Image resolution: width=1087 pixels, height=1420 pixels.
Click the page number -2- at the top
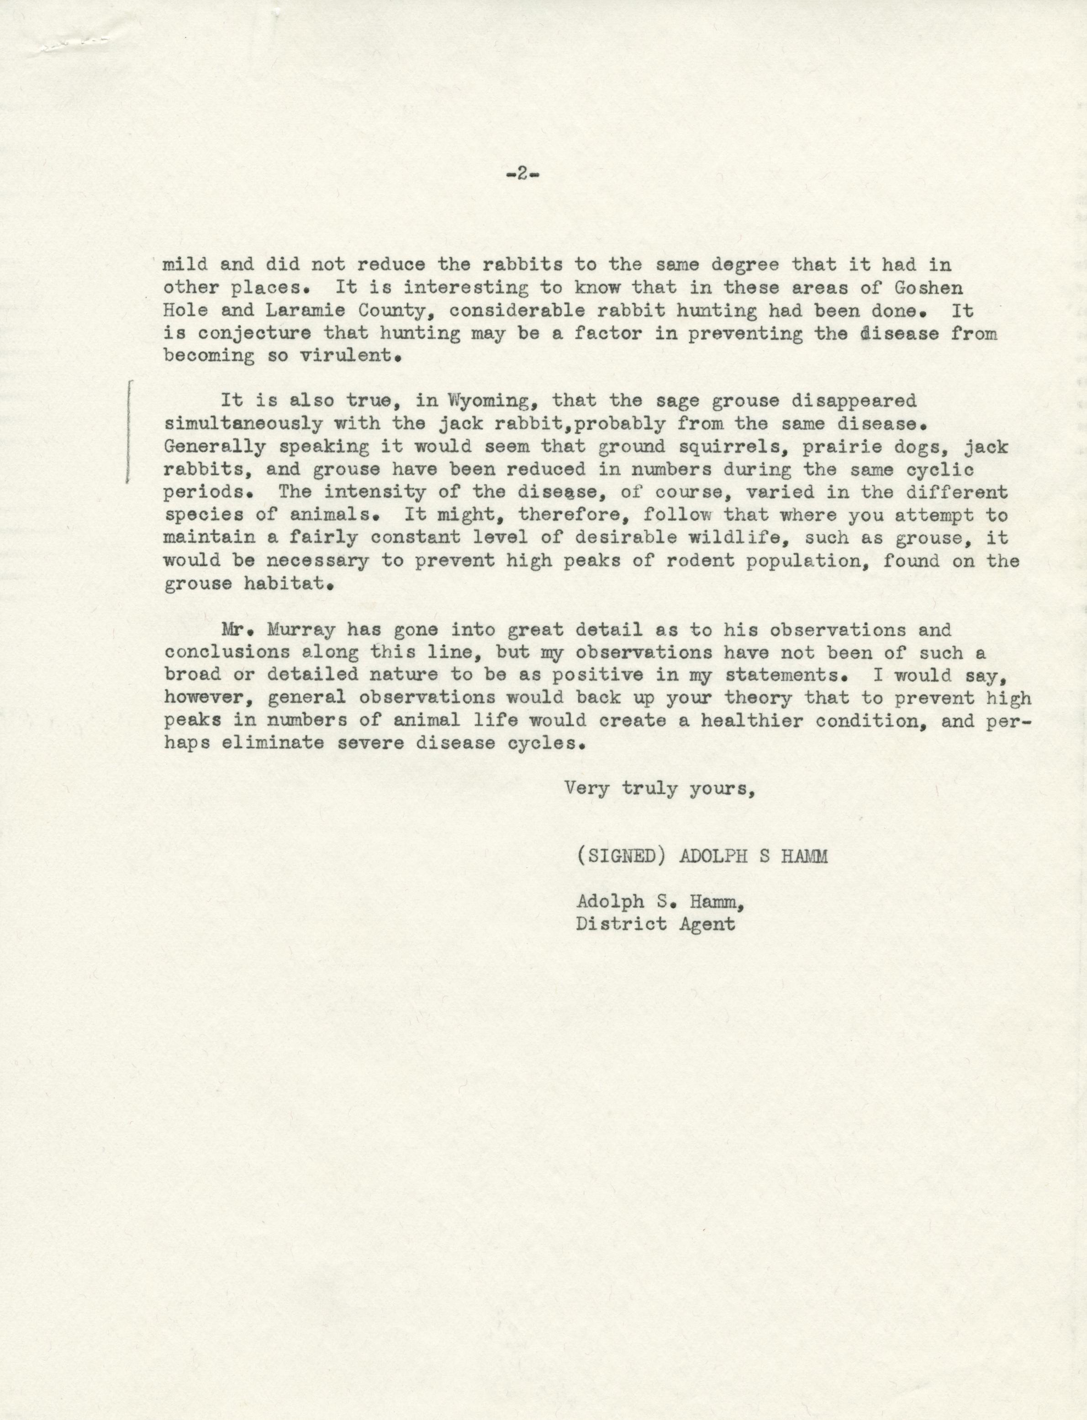tap(522, 174)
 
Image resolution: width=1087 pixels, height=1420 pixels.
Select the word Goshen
tap(929, 287)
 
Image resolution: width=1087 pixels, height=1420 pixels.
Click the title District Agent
tap(655, 923)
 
